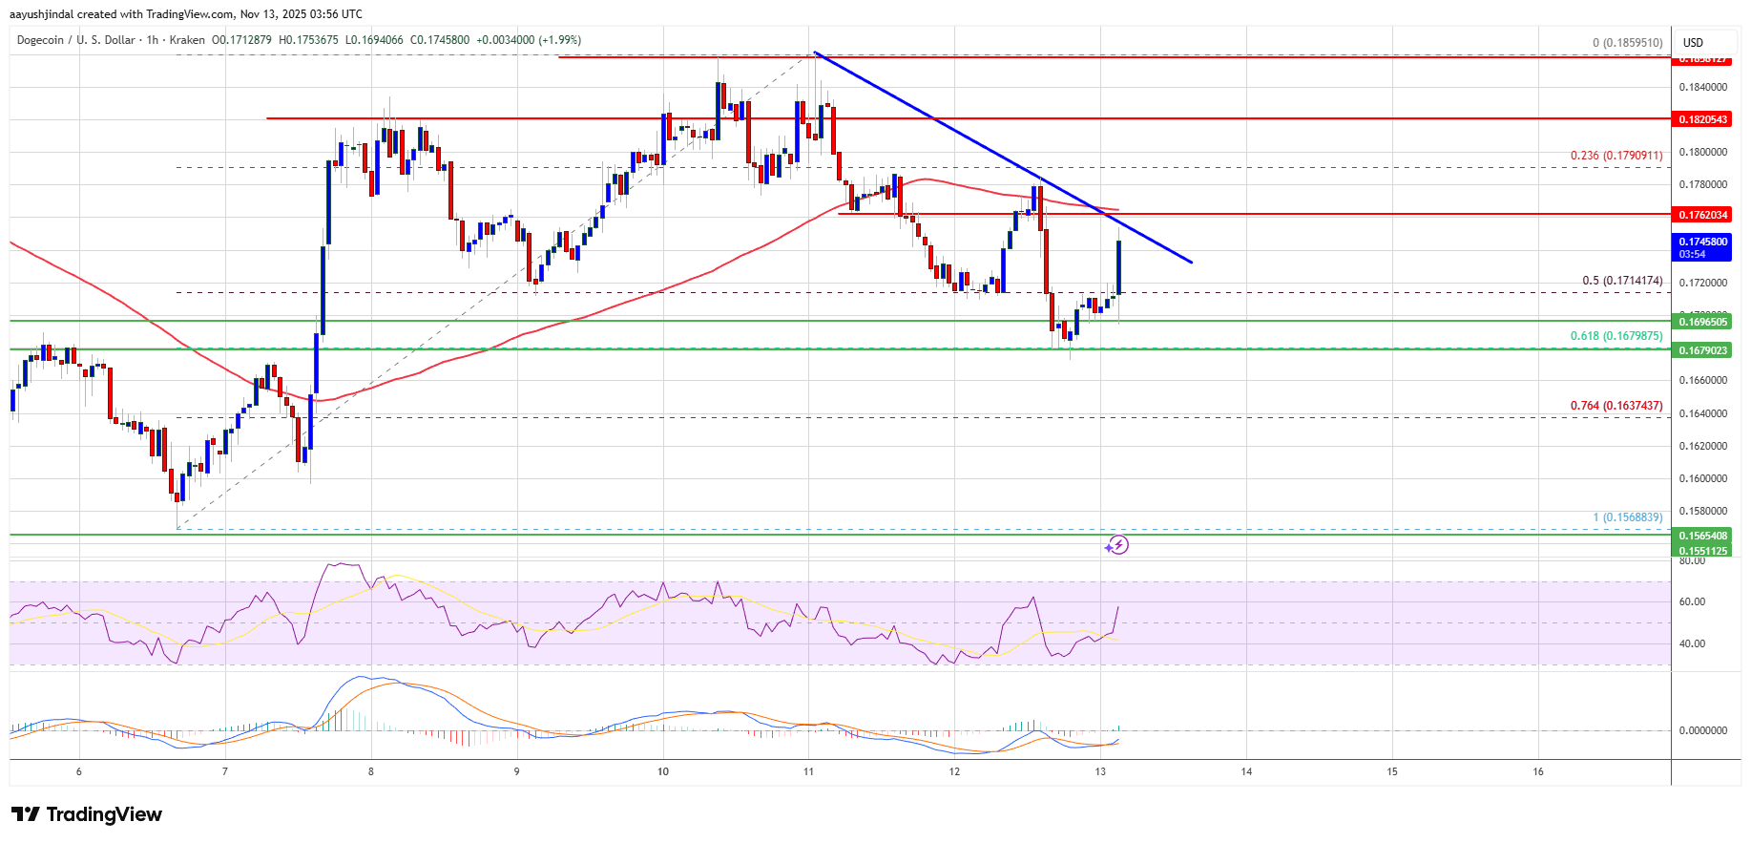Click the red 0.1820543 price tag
point(1702,119)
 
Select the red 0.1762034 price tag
point(1702,215)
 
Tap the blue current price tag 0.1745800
point(1702,242)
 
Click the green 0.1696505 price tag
point(1702,322)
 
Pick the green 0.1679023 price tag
point(1702,350)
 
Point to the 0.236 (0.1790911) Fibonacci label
point(1616,156)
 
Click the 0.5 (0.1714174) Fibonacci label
point(1622,281)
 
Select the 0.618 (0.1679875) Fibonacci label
point(1616,336)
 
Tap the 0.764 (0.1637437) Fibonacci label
point(1616,406)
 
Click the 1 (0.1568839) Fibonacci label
point(1627,517)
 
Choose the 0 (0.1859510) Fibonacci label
point(1627,43)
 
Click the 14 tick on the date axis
point(1246,771)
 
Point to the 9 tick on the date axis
point(516,771)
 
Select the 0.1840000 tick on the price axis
point(1702,87)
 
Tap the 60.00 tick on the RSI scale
point(1692,601)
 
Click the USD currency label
point(1693,43)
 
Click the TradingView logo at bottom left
point(87,814)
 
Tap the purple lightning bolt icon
point(1117,545)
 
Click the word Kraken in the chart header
point(187,40)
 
